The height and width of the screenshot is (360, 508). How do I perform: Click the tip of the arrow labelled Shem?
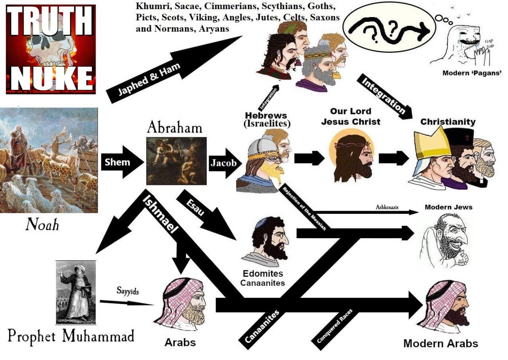coord(144,162)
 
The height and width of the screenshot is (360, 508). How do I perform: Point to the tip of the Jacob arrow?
coord(242,163)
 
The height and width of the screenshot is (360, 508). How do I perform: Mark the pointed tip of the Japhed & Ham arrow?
coord(242,36)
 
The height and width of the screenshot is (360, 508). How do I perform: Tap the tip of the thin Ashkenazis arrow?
coord(418,212)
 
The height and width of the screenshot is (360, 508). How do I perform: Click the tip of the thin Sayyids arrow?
coord(154,305)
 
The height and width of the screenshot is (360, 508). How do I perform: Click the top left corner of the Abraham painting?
coord(146,137)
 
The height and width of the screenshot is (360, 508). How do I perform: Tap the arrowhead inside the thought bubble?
coord(424,32)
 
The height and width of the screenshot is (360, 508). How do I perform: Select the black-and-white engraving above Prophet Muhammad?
coord(76,293)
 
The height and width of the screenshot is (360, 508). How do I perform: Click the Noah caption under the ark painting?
coord(42,225)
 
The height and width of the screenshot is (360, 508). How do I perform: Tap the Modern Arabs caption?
coord(441,343)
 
